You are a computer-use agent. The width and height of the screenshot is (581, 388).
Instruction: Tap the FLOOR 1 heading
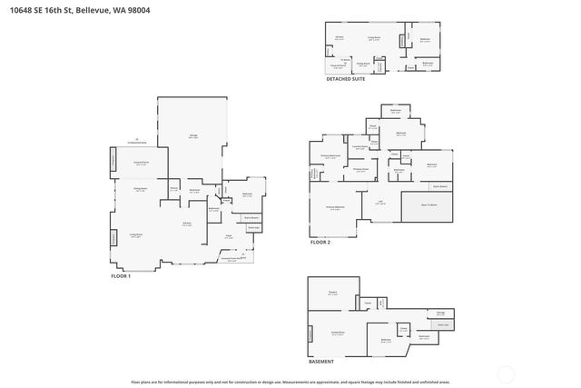pyautogui.click(x=121, y=276)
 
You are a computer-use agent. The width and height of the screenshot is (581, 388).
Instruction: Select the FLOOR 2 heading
pyautogui.click(x=320, y=243)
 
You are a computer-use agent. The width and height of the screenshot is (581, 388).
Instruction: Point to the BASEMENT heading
pyautogui.click(x=320, y=362)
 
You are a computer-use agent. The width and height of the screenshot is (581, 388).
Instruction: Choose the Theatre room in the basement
pyautogui.click(x=332, y=293)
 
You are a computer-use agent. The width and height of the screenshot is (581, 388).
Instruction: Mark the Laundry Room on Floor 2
pyautogui.click(x=359, y=146)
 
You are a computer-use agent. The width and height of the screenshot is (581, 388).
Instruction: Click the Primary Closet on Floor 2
pyautogui.click(x=360, y=169)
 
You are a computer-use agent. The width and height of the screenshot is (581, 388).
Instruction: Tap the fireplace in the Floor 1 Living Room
pyautogui.click(x=113, y=237)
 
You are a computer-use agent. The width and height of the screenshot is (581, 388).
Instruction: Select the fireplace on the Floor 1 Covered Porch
pyautogui.click(x=113, y=161)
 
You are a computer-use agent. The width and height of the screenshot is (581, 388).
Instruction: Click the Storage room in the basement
pyautogui.click(x=440, y=312)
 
